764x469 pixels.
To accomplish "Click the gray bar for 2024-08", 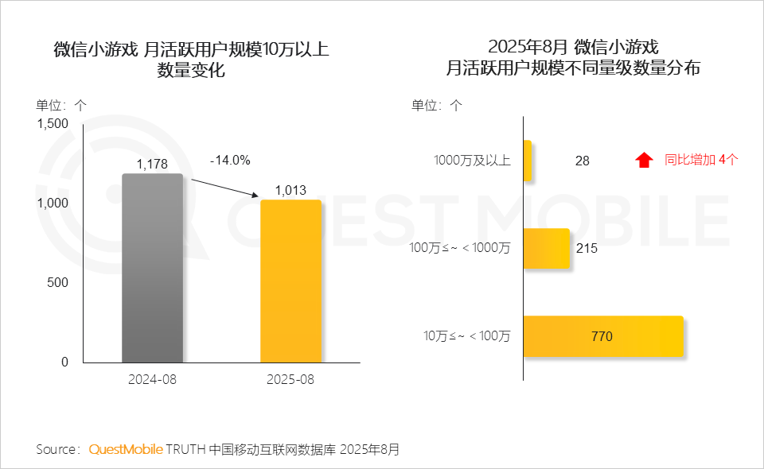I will (152, 268).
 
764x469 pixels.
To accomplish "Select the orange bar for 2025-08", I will (290, 281).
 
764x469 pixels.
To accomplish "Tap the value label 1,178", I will (152, 165).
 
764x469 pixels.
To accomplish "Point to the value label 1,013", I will (290, 191).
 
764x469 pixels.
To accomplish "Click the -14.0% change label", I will (230, 161).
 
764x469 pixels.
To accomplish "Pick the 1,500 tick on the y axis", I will (53, 123).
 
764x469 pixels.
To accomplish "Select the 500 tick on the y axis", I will (59, 282).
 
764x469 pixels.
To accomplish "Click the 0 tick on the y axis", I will (65, 362).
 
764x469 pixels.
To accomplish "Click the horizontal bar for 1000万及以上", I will (527, 160).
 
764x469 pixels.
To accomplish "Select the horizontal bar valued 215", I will (547, 248).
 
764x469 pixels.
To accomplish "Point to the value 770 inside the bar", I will (602, 336).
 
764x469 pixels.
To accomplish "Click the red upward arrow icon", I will (644, 160).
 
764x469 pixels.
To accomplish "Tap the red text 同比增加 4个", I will (701, 160).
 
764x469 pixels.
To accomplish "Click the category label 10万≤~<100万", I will (467, 336).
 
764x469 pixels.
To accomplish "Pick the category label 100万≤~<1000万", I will (460, 248).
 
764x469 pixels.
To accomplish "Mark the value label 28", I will (583, 161).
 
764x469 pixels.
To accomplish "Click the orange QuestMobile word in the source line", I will (126, 449).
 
